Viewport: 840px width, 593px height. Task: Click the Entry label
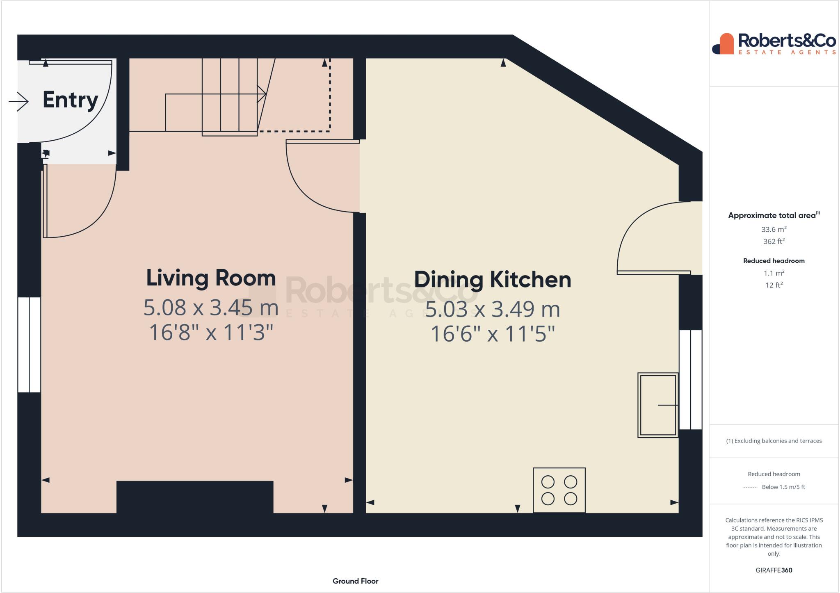[70, 100]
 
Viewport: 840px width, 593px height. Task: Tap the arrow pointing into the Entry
[18, 101]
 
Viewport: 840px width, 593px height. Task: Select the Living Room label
[211, 278]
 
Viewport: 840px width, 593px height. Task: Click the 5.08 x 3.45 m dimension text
[211, 308]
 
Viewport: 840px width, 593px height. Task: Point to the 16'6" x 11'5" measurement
[492, 334]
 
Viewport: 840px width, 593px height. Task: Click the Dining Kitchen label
[492, 280]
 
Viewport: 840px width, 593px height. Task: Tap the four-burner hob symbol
[559, 490]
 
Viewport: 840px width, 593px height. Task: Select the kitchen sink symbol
[657, 405]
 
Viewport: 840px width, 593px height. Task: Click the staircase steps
[230, 96]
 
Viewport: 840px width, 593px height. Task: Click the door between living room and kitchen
[320, 176]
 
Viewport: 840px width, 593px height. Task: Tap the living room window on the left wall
[29, 344]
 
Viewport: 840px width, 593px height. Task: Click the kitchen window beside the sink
[690, 379]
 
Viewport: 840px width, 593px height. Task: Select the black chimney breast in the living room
[195, 497]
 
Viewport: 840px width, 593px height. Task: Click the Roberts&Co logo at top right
[774, 43]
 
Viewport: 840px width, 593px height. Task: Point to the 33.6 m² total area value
[774, 229]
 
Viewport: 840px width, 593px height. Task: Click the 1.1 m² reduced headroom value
[774, 273]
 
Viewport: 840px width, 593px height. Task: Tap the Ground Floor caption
[355, 581]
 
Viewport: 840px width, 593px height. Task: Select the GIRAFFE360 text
[774, 570]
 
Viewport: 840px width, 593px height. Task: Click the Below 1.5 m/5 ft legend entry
[783, 487]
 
